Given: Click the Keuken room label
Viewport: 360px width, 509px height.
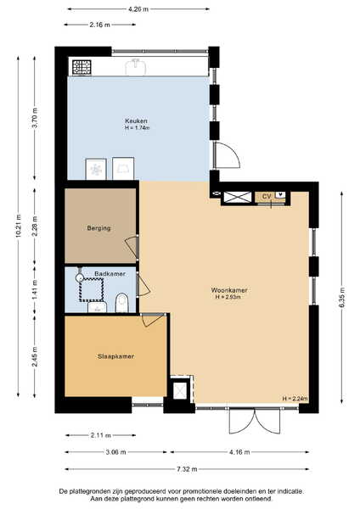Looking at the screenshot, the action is pyautogui.click(x=136, y=121).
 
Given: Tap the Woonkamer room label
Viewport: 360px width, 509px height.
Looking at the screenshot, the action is pyautogui.click(x=229, y=290).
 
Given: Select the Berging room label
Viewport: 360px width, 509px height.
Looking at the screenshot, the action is pyautogui.click(x=98, y=228).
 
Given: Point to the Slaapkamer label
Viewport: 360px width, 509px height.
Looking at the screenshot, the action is pyautogui.click(x=116, y=356).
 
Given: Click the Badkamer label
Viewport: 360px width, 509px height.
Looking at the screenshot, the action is pyautogui.click(x=110, y=274).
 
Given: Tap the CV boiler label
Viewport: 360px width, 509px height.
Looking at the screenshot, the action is pyautogui.click(x=267, y=197).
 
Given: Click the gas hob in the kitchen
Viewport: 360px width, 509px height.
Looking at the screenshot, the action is pyautogui.click(x=82, y=68).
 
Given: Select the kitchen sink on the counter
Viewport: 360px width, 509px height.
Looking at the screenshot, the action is pyautogui.click(x=136, y=66).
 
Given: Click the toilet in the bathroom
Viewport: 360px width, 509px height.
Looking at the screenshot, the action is pyautogui.click(x=122, y=303).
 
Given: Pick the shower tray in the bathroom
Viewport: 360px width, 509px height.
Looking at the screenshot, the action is pyautogui.click(x=92, y=289).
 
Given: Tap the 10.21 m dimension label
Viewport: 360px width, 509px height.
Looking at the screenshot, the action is pyautogui.click(x=18, y=226).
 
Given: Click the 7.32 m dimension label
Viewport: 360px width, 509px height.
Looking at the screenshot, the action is pyautogui.click(x=187, y=469).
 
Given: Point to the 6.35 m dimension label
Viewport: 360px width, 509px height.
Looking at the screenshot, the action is pyautogui.click(x=342, y=298).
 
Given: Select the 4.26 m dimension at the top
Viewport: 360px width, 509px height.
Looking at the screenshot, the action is pyautogui.click(x=138, y=9).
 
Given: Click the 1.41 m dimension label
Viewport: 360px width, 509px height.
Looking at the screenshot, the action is pyautogui.click(x=35, y=290).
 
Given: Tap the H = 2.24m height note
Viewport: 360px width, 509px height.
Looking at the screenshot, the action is pyautogui.click(x=295, y=399).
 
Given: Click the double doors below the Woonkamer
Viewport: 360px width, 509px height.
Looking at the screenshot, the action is pyautogui.click(x=255, y=421).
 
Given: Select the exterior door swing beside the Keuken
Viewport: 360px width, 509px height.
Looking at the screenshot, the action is pyautogui.click(x=228, y=155).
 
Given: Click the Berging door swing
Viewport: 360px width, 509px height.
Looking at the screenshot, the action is pyautogui.click(x=132, y=247).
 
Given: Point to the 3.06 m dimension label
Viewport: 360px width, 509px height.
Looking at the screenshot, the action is pyautogui.click(x=115, y=452).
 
